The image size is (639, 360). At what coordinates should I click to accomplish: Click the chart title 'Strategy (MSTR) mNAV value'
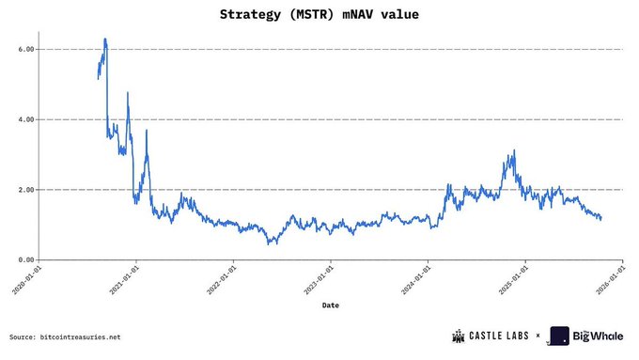point(319,15)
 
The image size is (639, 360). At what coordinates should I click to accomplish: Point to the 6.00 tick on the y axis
point(25,49)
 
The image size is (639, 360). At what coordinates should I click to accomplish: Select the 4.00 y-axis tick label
point(25,119)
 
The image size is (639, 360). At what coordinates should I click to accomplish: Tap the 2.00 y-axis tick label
point(25,190)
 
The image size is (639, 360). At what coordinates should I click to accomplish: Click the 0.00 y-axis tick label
point(25,259)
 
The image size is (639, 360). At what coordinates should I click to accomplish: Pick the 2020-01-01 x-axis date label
point(32,278)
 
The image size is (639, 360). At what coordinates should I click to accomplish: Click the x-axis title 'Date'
point(331,305)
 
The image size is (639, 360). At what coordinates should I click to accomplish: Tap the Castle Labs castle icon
point(459,336)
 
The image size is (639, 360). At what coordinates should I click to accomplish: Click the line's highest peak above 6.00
point(105,39)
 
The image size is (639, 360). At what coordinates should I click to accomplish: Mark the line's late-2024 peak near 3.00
point(514,150)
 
